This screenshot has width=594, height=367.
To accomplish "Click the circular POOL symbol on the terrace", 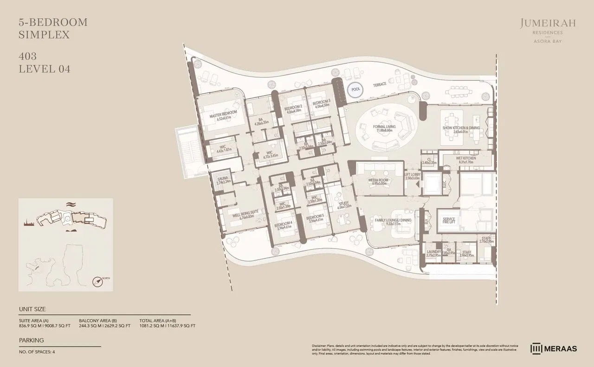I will (356, 89).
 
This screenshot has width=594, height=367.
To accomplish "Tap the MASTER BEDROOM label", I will (223, 113).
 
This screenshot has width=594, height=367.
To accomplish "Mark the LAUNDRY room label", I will (433, 252).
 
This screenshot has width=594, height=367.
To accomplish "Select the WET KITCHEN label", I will (466, 158).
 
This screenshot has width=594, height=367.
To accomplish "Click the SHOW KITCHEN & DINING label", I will (461, 129).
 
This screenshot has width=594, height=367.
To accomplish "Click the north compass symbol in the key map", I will (99, 281).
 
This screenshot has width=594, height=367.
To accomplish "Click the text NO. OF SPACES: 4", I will (37, 352).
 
